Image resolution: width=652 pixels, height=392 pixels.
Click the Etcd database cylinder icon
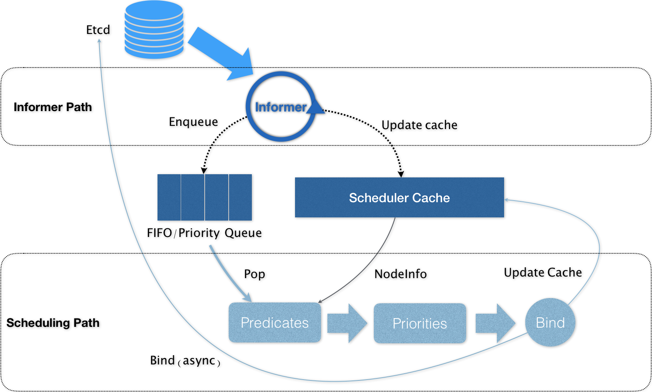pos(154,30)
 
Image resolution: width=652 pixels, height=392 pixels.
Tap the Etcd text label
pos(98,30)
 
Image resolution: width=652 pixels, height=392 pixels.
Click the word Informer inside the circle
pos(281,107)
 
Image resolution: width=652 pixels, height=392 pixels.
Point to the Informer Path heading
pos(53,107)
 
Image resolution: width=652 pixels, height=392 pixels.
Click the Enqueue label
pos(193,122)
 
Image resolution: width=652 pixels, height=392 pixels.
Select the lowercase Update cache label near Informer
pos(419,125)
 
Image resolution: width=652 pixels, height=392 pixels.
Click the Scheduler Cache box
pos(399,197)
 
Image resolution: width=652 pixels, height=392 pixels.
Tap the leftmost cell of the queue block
pos(169,197)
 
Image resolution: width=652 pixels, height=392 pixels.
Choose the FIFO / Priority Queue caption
pos(204,233)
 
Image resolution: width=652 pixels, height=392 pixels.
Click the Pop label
pos(255,274)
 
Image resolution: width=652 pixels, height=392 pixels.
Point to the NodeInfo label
pos(401,274)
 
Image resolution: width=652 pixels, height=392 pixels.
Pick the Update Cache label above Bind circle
pos(542,273)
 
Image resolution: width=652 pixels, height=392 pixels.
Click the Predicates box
pos(275,322)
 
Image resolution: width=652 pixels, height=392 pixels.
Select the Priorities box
pos(420,323)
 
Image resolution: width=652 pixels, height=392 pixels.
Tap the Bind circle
pos(550,322)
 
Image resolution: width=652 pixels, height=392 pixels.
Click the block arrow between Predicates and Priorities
pos(347,323)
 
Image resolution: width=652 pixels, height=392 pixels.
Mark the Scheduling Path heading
pos(53,323)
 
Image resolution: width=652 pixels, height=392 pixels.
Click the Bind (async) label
pos(185,361)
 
